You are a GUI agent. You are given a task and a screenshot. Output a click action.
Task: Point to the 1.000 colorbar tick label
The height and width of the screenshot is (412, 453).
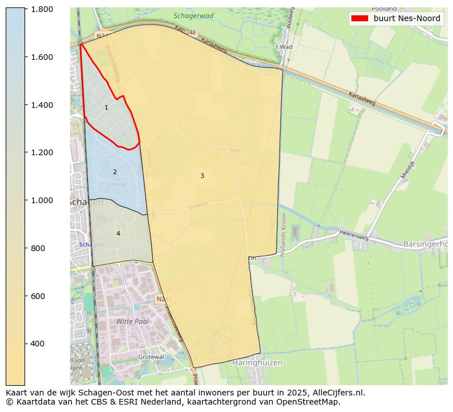[x=42, y=200]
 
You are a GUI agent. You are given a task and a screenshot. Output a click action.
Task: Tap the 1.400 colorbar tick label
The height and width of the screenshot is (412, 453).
[x=42, y=105]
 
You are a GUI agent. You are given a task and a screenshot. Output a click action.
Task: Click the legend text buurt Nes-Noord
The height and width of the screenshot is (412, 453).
[x=407, y=18]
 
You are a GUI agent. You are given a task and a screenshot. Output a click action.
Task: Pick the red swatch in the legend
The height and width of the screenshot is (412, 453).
[x=359, y=18]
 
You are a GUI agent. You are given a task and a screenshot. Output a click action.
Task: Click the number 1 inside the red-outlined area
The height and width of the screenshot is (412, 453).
[x=106, y=108]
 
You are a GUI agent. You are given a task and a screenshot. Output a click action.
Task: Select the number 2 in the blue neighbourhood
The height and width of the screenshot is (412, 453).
[x=115, y=172]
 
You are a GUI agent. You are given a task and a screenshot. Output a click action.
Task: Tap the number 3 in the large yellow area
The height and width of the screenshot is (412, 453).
[x=202, y=176]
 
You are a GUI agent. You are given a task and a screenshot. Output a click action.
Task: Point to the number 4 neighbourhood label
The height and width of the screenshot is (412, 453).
[x=118, y=233]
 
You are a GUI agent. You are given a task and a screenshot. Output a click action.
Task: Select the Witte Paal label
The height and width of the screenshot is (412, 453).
[x=132, y=321]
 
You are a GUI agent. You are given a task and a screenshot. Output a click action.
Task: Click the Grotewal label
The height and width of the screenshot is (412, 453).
[x=151, y=357]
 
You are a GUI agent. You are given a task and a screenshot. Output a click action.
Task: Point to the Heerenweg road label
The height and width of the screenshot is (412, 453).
[x=354, y=236]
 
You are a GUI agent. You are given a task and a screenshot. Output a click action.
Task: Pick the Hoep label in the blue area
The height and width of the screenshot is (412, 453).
[x=117, y=184]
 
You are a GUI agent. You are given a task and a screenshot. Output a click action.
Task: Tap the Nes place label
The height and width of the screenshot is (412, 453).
[x=236, y=151]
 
